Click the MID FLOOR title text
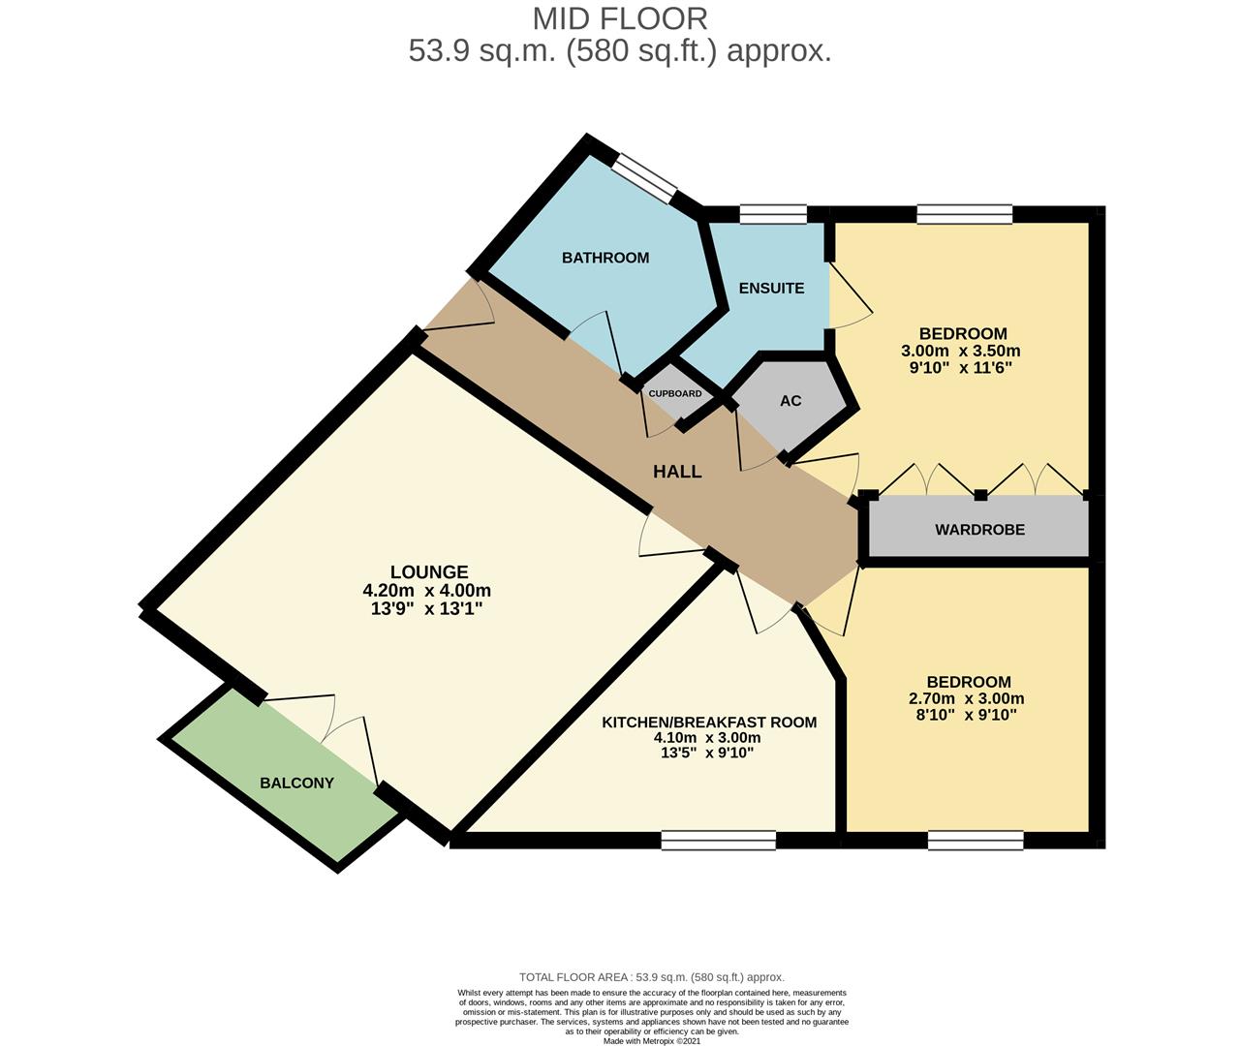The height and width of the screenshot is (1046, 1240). pyautogui.click(x=620, y=18)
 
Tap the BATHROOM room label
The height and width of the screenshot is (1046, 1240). pyautogui.click(x=605, y=258)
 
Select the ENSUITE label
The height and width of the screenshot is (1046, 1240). pyautogui.click(x=771, y=288)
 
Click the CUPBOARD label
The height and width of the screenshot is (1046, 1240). pyautogui.click(x=675, y=394)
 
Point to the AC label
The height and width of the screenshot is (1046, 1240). pyautogui.click(x=790, y=401)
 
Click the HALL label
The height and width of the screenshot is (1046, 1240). pyautogui.click(x=677, y=472)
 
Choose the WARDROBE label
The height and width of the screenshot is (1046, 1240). pyautogui.click(x=979, y=530)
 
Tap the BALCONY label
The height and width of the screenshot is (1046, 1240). pyautogui.click(x=296, y=783)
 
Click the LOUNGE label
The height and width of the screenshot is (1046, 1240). pyautogui.click(x=429, y=572)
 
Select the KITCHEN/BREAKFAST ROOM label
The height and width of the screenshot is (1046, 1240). pyautogui.click(x=709, y=723)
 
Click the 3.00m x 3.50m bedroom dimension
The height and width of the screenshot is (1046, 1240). pyautogui.click(x=961, y=352)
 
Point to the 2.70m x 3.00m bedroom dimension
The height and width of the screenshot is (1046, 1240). pyautogui.click(x=966, y=698)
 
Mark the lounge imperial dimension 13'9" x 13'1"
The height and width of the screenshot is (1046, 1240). pyautogui.click(x=422, y=608)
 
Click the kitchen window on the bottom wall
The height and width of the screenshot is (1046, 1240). pyautogui.click(x=718, y=841)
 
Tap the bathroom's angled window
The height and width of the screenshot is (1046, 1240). pyautogui.click(x=645, y=179)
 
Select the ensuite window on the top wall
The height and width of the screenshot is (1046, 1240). pyautogui.click(x=773, y=214)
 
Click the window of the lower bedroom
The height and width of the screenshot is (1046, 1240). pyautogui.click(x=975, y=841)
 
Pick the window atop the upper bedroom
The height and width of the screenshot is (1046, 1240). pyautogui.click(x=965, y=214)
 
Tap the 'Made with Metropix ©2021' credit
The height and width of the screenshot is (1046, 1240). pyautogui.click(x=652, y=1041)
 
